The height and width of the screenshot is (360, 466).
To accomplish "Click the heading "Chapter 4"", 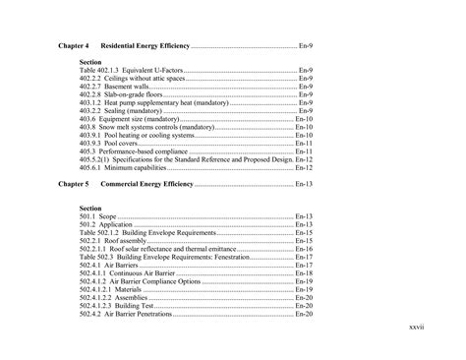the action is point(74,47).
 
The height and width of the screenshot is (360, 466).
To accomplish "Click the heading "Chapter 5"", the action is point(74,184).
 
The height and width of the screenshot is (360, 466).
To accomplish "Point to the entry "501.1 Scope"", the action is point(98,216).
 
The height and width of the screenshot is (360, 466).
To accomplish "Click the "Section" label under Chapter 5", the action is point(90,208).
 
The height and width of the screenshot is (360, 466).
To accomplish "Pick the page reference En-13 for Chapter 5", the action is point(304,184).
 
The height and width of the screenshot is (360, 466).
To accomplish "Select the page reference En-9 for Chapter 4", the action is point(306,47).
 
